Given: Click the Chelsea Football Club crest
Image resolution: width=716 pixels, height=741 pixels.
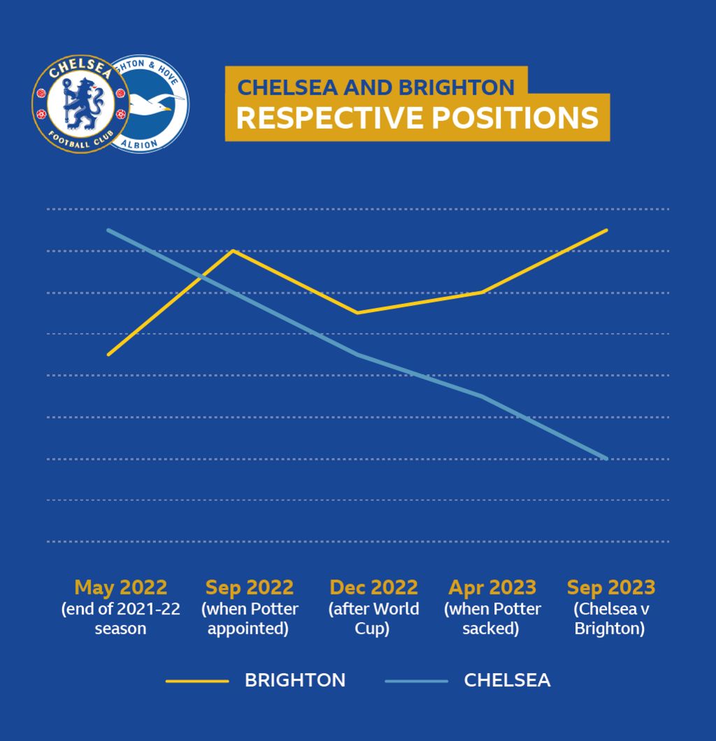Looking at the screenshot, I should [81, 105].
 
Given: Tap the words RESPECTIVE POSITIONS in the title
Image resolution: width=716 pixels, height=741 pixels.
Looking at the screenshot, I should [417, 118].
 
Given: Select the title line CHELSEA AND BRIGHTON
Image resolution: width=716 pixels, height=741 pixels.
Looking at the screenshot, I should [376, 87].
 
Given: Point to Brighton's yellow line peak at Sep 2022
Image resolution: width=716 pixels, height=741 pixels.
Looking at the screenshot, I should [233, 250].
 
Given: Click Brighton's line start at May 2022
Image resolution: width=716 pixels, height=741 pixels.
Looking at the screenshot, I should [108, 355].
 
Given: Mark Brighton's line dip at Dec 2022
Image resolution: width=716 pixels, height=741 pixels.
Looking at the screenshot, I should [357, 313].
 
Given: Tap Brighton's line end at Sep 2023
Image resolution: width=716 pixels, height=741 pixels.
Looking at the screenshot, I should [606, 230].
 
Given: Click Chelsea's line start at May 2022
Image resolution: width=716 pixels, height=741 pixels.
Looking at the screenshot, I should [108, 230].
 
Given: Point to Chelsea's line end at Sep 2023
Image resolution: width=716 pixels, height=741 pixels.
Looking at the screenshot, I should [606, 458].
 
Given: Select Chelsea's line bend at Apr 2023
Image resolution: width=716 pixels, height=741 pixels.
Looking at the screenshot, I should [482, 396].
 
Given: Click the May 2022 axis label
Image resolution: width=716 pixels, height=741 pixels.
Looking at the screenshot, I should [120, 587].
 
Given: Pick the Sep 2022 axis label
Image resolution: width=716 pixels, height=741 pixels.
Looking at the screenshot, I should [249, 587].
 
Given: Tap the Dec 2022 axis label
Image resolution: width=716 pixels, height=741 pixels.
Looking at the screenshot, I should [373, 587].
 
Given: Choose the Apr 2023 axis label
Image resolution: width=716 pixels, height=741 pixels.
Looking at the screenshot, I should [492, 587].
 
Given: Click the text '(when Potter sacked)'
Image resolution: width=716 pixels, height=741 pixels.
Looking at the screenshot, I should [492, 619].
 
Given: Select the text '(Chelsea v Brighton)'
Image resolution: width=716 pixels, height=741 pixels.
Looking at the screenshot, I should [610, 619].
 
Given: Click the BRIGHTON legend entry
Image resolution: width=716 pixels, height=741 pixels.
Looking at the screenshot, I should [294, 680].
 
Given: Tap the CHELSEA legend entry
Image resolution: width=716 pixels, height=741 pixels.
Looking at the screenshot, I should [506, 680].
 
